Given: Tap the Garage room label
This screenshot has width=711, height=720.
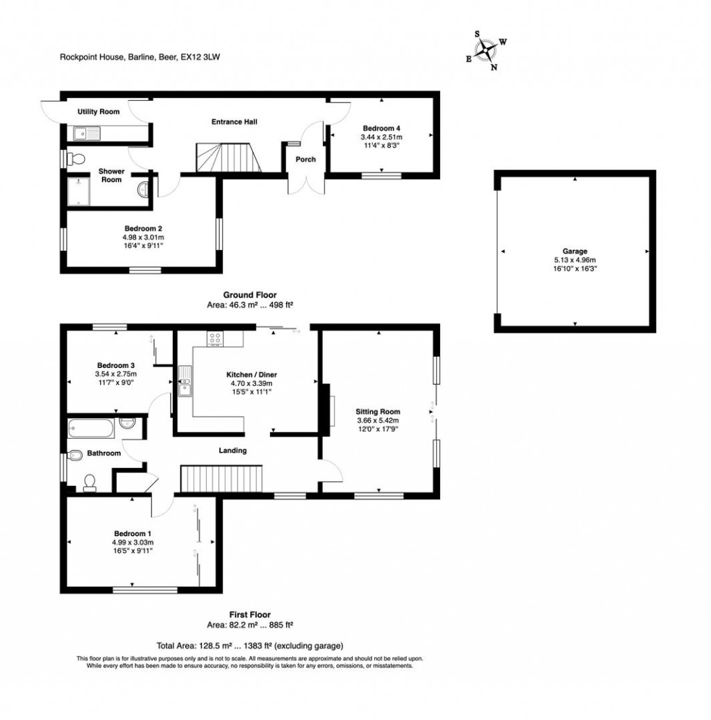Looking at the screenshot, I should (575, 251).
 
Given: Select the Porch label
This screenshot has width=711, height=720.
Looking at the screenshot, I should (306, 160).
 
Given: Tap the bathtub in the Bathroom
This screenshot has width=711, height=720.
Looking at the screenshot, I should (91, 428).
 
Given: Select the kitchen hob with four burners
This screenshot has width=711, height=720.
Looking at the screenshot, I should (215, 339).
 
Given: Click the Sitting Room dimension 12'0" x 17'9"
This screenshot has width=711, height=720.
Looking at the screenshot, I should (378, 429).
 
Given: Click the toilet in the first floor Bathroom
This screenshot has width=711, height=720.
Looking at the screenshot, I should (89, 483).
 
